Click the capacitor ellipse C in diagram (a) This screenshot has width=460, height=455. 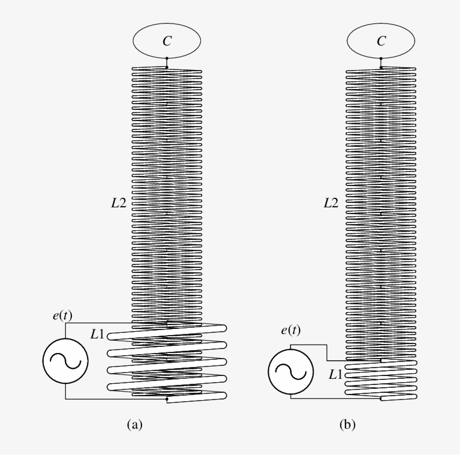167,40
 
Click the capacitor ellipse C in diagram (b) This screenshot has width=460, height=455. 381,40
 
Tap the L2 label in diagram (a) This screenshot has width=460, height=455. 118,203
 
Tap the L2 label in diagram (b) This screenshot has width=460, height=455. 331,203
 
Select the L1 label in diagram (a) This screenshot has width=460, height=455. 97,335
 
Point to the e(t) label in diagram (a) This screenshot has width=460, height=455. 62,315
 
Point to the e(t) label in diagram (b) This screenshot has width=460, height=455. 291,330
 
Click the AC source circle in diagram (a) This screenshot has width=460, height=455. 66,361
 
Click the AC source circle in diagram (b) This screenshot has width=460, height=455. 291,372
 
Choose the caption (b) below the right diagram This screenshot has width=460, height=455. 348,425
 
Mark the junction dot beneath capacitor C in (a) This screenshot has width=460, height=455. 167,67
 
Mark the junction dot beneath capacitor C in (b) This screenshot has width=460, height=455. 381,67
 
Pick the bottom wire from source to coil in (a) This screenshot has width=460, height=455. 112,399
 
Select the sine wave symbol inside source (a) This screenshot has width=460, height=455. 66,361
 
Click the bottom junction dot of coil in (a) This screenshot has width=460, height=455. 167,400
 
